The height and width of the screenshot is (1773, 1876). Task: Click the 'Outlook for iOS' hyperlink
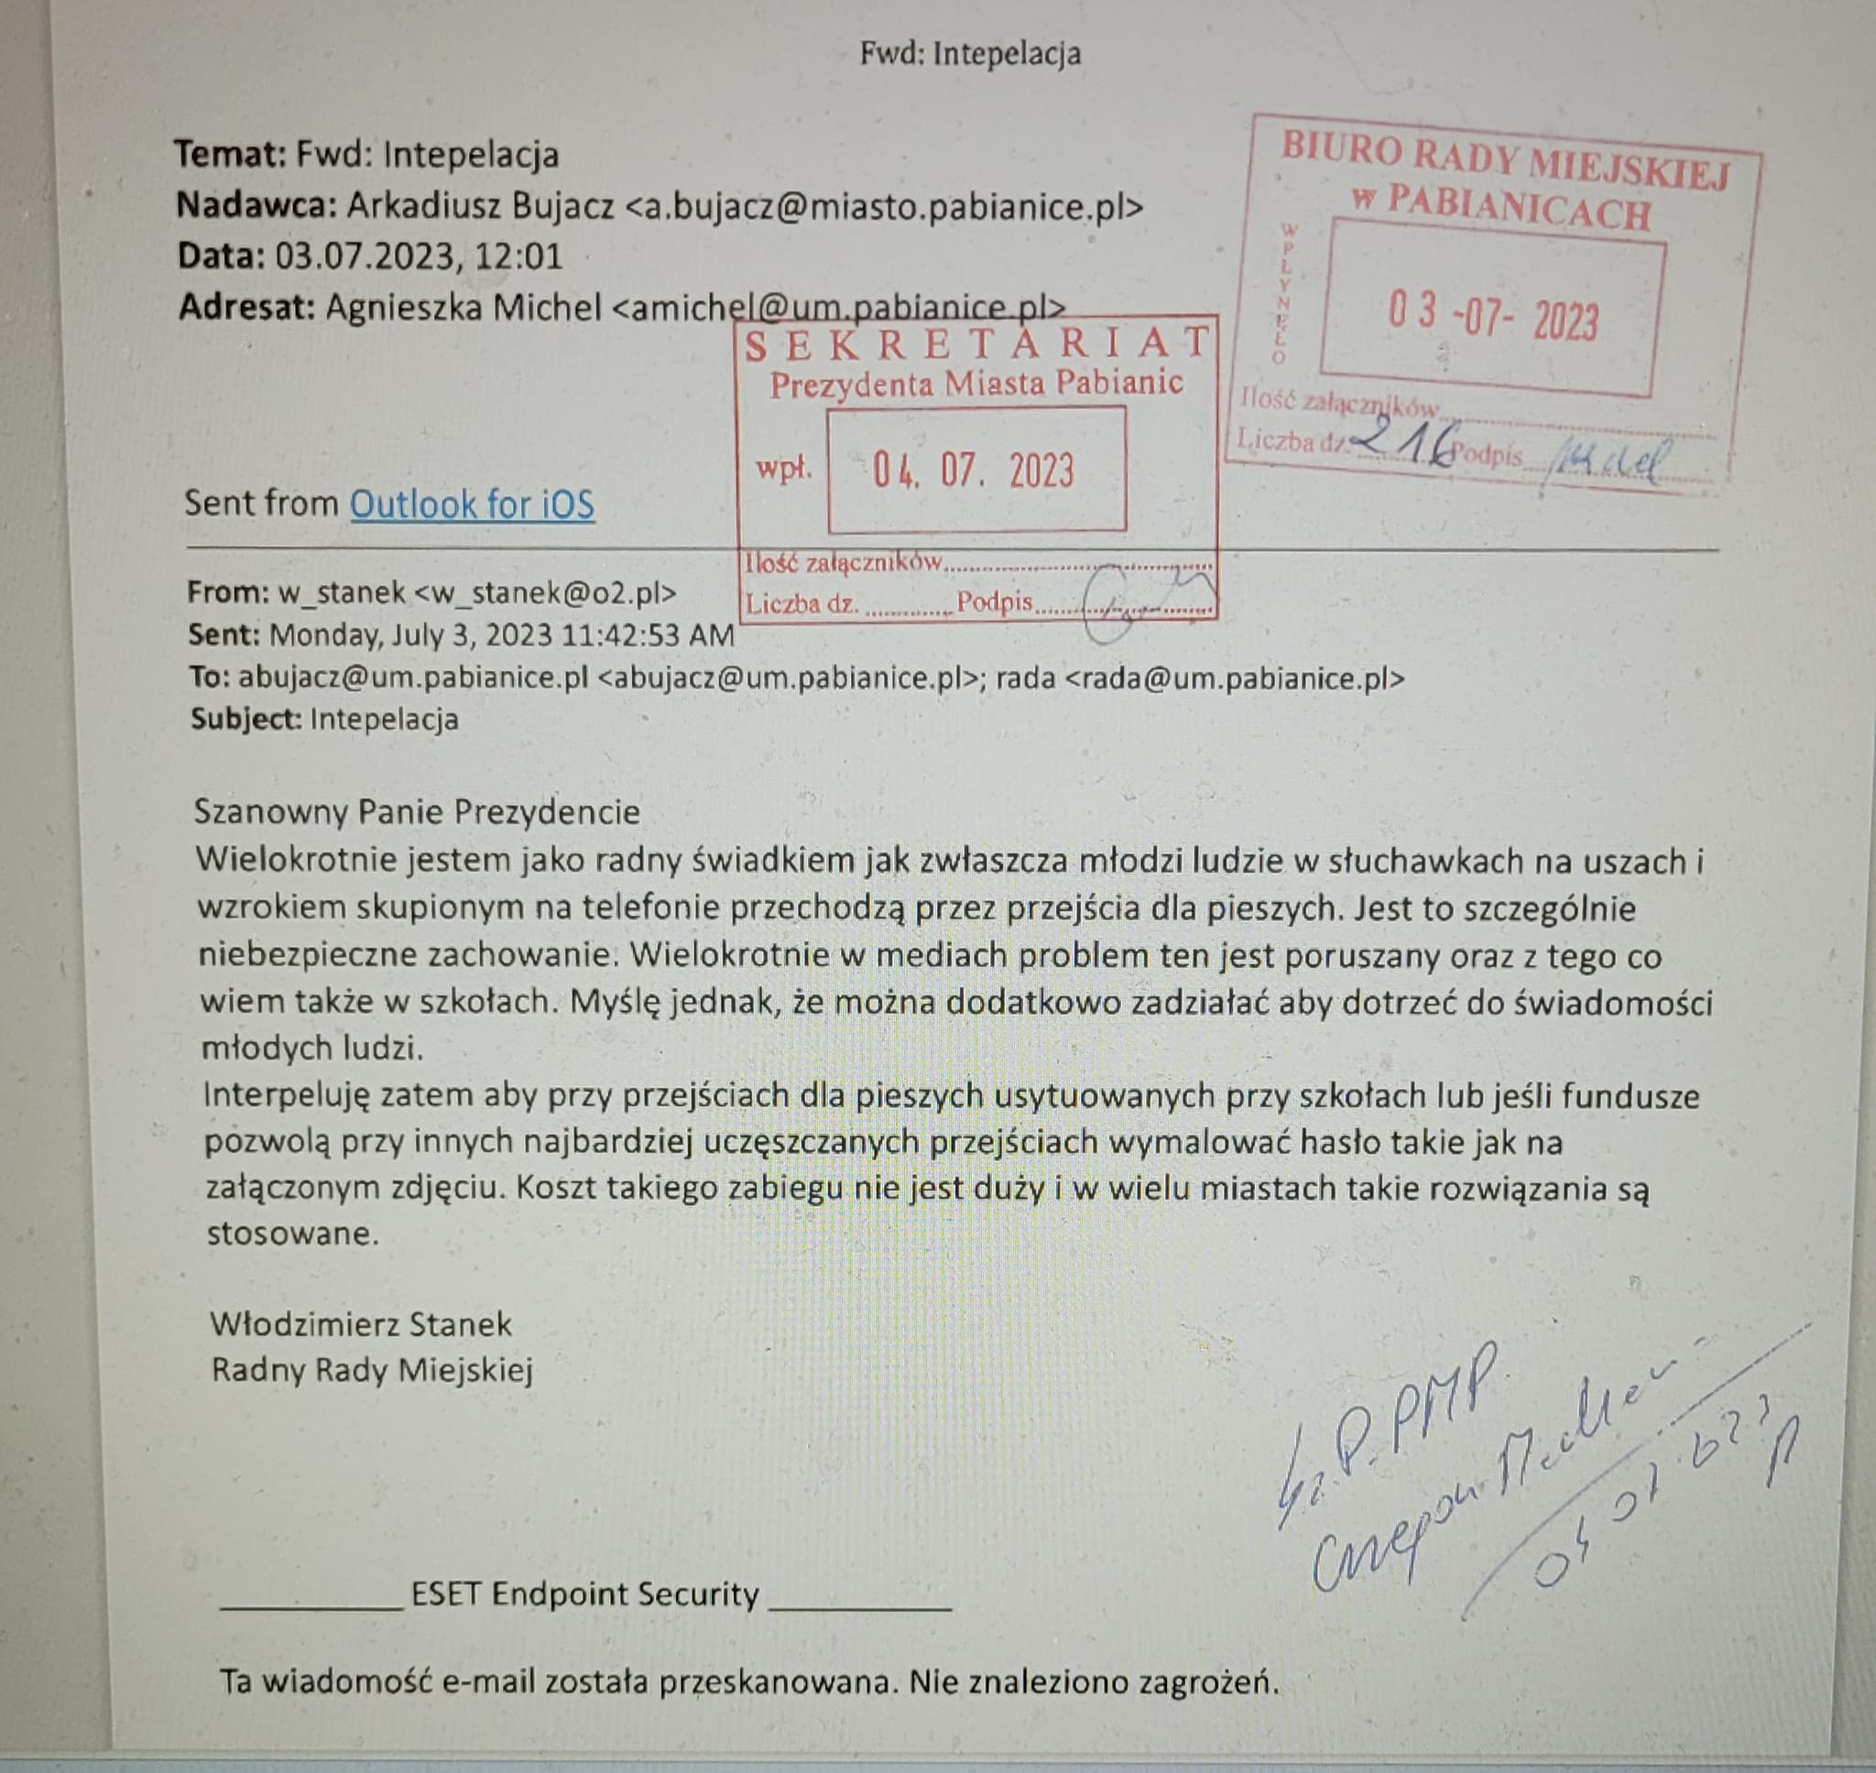tap(472, 505)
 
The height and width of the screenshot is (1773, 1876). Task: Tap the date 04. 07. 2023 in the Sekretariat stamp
tap(974, 471)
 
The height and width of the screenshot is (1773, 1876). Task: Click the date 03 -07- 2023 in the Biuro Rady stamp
tap(1492, 318)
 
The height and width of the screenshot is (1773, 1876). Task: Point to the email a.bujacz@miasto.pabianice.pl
tap(885, 207)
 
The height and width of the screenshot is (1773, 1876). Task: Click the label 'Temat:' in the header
tap(230, 154)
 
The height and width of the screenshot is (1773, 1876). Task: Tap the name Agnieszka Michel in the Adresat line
tap(464, 307)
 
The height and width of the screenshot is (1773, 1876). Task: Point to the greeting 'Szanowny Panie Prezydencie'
tap(417, 811)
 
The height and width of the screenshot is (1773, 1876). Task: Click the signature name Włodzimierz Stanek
tap(360, 1324)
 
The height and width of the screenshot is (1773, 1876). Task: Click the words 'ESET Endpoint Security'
tap(585, 1594)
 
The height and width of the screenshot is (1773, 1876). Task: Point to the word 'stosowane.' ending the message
tap(292, 1234)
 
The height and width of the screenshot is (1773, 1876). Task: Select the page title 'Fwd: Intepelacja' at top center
tap(970, 53)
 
